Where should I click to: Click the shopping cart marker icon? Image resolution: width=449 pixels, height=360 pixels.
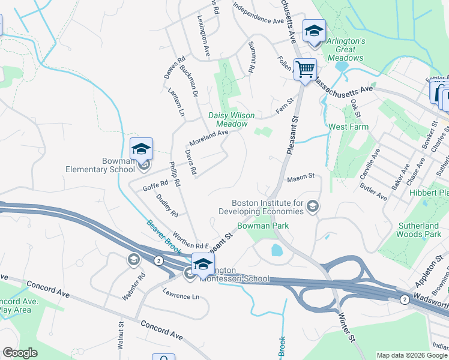pos(305,70)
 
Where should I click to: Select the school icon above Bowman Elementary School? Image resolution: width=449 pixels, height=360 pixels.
pos(141,148)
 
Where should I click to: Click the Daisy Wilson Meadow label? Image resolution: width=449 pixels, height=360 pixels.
pos(231,119)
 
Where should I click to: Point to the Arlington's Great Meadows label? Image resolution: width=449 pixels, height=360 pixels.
pos(345,49)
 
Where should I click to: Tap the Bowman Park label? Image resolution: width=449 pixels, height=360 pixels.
pos(262,226)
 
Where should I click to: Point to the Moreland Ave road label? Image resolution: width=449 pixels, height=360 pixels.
pos(209,138)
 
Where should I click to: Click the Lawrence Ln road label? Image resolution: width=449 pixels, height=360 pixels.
pos(181,296)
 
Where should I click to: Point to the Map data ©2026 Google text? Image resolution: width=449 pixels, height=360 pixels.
pos(412,355)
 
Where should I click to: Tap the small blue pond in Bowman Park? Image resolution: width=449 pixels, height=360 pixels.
pos(277,250)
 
